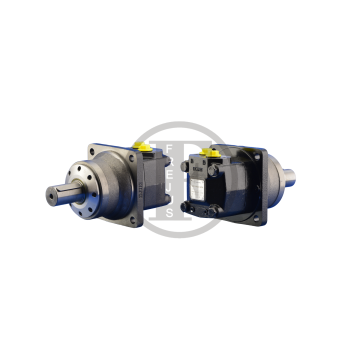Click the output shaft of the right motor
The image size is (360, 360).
click(x=288, y=176)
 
